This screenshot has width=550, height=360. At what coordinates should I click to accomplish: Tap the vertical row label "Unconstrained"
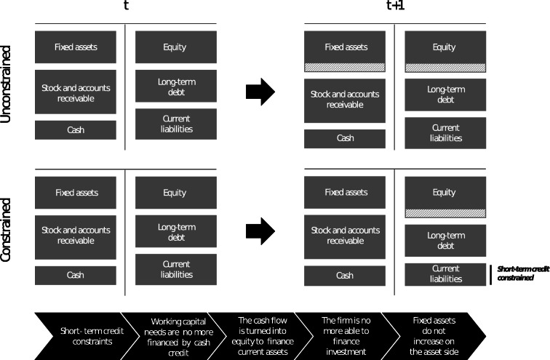point(7,85)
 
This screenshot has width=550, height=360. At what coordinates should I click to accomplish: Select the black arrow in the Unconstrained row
point(260,92)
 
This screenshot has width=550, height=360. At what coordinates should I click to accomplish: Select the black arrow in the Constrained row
point(260,231)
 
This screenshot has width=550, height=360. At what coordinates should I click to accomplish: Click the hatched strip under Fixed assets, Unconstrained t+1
point(345,67)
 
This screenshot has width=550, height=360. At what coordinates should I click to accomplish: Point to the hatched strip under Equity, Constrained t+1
point(445,213)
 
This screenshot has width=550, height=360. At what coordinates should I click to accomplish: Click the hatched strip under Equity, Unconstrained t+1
point(445,67)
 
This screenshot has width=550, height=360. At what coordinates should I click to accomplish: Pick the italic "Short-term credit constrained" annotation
point(522,273)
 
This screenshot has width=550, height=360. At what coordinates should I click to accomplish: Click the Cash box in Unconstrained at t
point(76,130)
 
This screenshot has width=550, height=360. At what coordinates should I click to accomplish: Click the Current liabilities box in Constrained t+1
point(445,273)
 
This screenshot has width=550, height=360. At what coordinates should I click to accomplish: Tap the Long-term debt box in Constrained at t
point(176,232)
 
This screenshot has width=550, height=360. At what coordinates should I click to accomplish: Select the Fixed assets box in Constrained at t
point(76,193)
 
